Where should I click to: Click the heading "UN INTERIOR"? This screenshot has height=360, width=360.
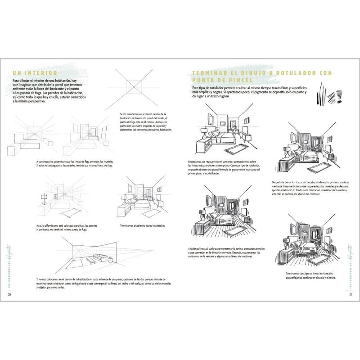point(35,73)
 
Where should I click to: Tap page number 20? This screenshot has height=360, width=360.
point(10,295)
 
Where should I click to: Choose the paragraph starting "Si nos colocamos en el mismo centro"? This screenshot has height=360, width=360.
point(143,122)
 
